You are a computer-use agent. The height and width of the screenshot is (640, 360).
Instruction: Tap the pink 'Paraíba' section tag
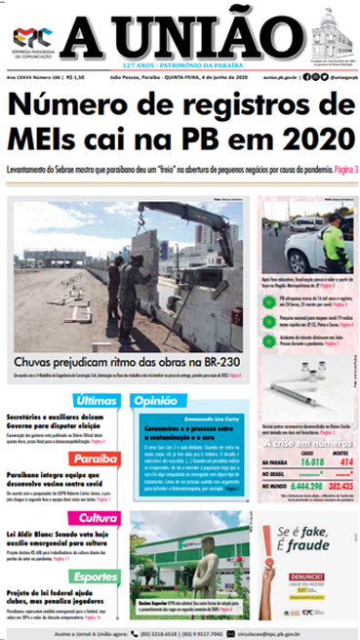pyautogui.click(x=96, y=460)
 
